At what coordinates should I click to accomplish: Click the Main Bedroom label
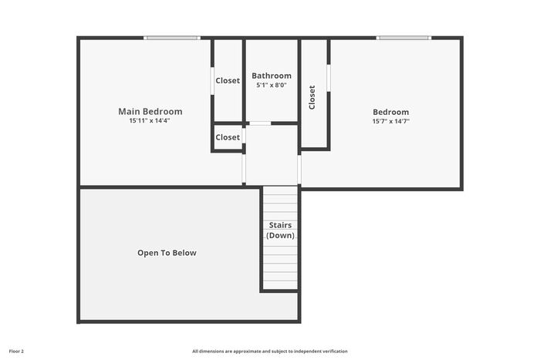(x=150, y=112)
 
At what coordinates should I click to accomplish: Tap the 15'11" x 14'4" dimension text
(x=150, y=121)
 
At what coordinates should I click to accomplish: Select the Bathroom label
(x=272, y=76)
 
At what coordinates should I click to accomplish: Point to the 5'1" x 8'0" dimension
(x=272, y=85)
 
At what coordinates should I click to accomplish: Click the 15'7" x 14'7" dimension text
(x=391, y=121)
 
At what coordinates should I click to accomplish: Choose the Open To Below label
(x=167, y=253)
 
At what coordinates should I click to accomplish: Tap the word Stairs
(x=280, y=225)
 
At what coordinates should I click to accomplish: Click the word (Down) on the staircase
(x=280, y=235)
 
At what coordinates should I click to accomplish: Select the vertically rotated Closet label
(x=312, y=97)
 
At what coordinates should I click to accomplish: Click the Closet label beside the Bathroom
(x=228, y=80)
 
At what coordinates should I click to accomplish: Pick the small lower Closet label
(x=228, y=137)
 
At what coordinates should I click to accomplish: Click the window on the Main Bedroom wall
(x=172, y=38)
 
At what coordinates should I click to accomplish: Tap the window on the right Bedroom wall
(x=403, y=38)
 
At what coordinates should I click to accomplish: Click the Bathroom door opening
(x=260, y=123)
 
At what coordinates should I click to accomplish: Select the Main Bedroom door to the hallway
(x=244, y=169)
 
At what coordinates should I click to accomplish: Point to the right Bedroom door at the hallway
(x=299, y=170)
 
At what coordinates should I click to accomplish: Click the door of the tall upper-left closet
(x=212, y=81)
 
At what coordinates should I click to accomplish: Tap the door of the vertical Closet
(x=329, y=78)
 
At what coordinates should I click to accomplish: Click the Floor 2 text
(x=16, y=352)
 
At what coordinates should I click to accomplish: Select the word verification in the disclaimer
(x=336, y=352)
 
